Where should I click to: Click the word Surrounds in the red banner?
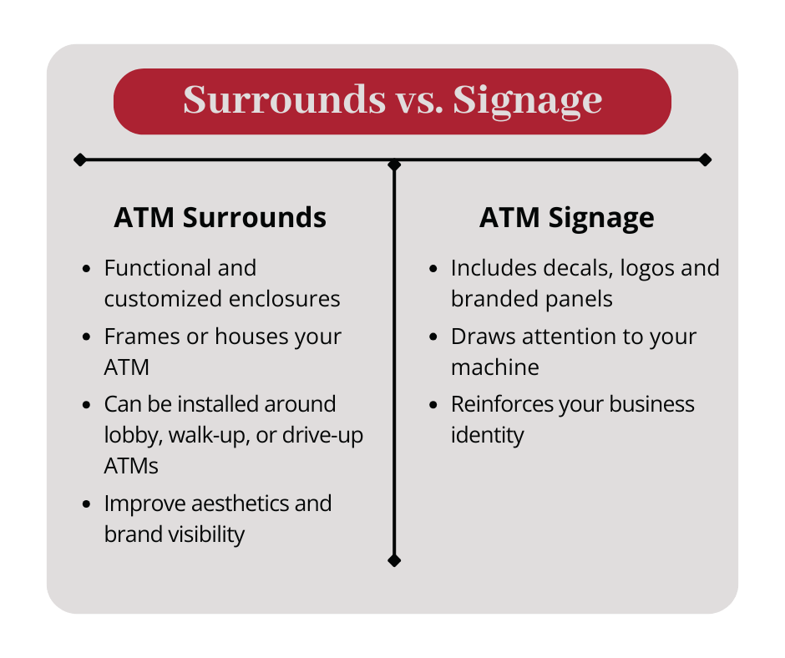285,99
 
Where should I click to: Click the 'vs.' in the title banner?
419,102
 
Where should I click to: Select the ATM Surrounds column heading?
220,217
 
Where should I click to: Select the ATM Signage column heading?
567,218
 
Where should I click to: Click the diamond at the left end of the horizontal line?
79,159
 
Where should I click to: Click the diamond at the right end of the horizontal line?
706,159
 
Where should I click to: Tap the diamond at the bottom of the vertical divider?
394,561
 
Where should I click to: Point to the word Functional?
158,268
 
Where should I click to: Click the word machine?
494,367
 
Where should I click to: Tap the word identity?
487,435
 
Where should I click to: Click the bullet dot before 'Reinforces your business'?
433,405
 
